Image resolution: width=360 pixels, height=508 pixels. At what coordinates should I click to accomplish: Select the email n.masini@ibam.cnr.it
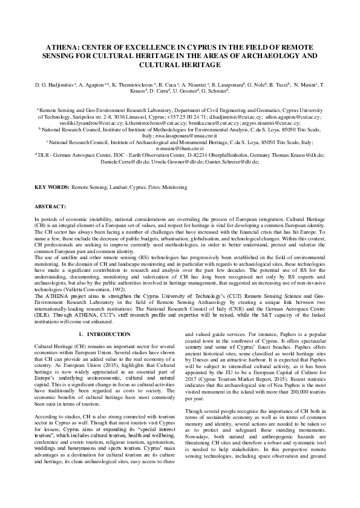[x=179, y=148]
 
